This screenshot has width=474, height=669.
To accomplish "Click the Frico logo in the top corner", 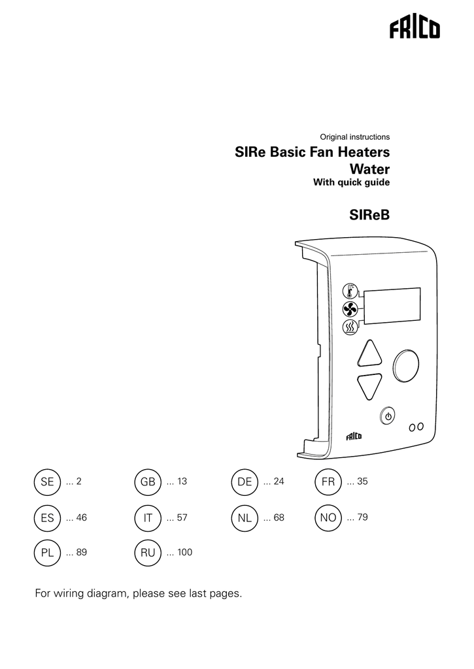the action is click(415, 30).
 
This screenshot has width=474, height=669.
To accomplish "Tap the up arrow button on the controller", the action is click(371, 354).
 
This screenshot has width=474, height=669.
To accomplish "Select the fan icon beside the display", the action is click(350, 310).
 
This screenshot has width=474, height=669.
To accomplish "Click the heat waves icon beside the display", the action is click(350, 327).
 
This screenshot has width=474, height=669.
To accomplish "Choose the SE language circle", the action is click(47, 482).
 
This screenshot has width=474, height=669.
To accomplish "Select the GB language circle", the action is click(148, 482).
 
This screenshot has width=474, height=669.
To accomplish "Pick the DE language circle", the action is click(245, 482).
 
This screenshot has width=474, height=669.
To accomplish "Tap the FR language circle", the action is click(328, 482).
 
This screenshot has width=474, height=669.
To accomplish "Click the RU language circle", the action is click(148, 553).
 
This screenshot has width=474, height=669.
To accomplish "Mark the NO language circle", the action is click(328, 517).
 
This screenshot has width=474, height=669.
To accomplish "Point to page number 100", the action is click(184, 553).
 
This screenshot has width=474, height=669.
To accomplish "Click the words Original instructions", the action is click(354, 137).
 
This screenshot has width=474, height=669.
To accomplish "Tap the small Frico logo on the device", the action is click(355, 436).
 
